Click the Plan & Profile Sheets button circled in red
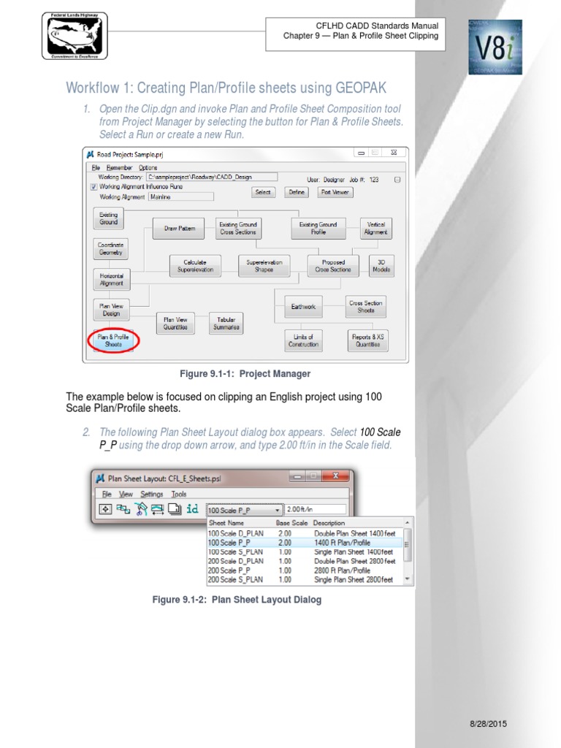click(113, 341)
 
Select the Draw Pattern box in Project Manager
click(179, 229)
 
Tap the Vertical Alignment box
click(376, 229)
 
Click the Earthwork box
click(303, 307)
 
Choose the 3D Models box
click(381, 266)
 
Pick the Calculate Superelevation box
click(195, 266)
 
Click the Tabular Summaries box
click(226, 324)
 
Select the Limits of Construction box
click(303, 340)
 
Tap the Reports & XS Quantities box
click(367, 340)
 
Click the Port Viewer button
click(335, 192)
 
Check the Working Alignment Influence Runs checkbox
click(93, 186)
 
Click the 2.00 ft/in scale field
click(314, 509)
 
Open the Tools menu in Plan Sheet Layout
click(179, 494)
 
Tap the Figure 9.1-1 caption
click(245, 374)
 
